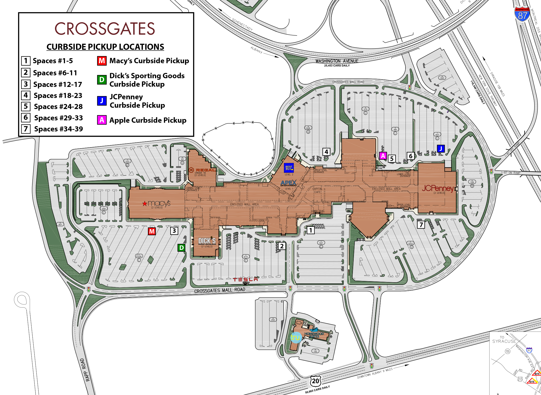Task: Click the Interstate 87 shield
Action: (x=522, y=14)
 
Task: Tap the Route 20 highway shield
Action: (x=315, y=381)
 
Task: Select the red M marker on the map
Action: (x=152, y=231)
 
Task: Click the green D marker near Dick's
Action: (x=181, y=248)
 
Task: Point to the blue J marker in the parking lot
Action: (x=441, y=149)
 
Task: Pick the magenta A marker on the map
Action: (x=383, y=156)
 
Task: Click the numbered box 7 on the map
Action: (x=421, y=225)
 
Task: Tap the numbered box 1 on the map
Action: (x=310, y=230)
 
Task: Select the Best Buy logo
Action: (x=289, y=167)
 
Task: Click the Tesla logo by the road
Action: (x=245, y=279)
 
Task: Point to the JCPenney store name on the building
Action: (x=438, y=188)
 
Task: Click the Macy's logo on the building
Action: (x=157, y=204)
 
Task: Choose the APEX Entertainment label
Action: (x=288, y=183)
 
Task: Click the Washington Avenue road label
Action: (x=337, y=61)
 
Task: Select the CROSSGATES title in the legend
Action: (x=105, y=29)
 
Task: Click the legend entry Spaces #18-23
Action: (x=58, y=96)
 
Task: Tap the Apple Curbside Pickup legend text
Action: (x=148, y=120)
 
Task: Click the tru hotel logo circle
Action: (x=295, y=337)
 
